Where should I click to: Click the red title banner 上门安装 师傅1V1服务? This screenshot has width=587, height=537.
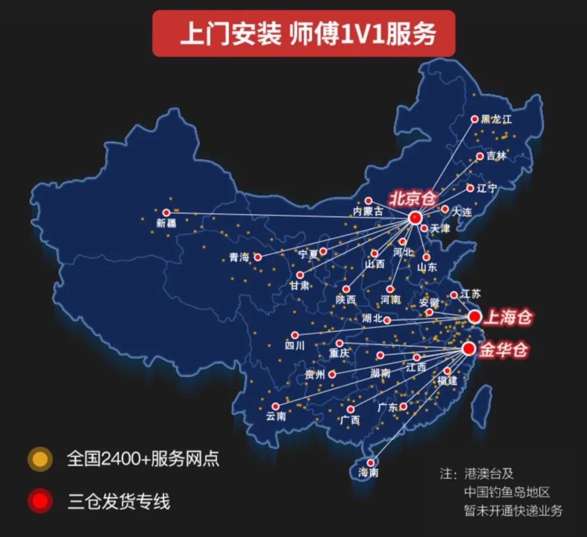pos(303,34)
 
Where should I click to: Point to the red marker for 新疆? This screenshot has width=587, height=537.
pos(166,213)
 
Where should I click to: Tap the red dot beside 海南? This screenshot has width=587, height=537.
pos(370,463)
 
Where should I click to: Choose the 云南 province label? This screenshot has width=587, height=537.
pos(276,417)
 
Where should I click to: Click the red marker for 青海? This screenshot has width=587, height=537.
pos(258,257)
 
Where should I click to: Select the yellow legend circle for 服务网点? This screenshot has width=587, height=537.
pos(40,459)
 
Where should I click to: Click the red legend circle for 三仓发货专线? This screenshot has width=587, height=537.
pos(40,501)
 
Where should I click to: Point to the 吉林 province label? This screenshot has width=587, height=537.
pos(496,157)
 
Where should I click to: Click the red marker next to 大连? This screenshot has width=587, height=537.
pos(445,209)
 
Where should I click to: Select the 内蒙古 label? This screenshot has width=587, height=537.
pos(368,211)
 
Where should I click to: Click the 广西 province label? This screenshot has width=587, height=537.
pos(350,420)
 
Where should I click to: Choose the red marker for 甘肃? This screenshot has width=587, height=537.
pos(299,275)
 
